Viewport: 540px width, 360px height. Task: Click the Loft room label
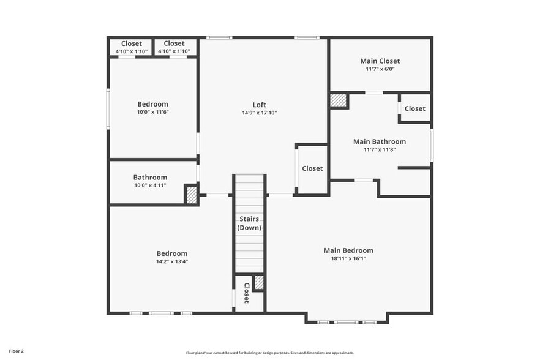pyautogui.click(x=260, y=105)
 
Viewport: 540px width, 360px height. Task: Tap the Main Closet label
pyautogui.click(x=380, y=61)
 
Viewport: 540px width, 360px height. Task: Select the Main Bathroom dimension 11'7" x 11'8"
pyautogui.click(x=380, y=149)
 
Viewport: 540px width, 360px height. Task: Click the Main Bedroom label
pyautogui.click(x=348, y=250)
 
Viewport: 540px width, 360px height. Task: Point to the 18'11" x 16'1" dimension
pyautogui.click(x=348, y=258)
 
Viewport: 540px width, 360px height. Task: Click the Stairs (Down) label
pyautogui.click(x=249, y=223)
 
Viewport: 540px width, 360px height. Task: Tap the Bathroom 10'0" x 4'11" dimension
pyautogui.click(x=150, y=186)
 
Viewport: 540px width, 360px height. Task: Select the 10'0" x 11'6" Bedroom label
pyautogui.click(x=152, y=104)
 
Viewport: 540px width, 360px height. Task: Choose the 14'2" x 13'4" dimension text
pyautogui.click(x=172, y=261)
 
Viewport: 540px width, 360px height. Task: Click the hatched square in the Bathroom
pyautogui.click(x=192, y=195)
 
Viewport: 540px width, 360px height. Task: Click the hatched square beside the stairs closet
pyautogui.click(x=259, y=282)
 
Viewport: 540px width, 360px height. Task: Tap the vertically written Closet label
pyautogui.click(x=247, y=293)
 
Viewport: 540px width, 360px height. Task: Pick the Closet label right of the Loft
pyautogui.click(x=312, y=168)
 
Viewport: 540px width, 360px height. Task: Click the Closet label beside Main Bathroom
pyautogui.click(x=414, y=108)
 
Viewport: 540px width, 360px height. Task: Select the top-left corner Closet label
pyautogui.click(x=132, y=43)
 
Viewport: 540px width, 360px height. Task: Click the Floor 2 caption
pyautogui.click(x=17, y=351)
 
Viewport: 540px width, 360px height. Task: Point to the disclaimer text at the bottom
pyautogui.click(x=269, y=353)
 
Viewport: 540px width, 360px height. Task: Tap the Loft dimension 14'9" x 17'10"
pyautogui.click(x=260, y=113)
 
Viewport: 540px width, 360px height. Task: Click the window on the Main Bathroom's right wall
pyautogui.click(x=432, y=144)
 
